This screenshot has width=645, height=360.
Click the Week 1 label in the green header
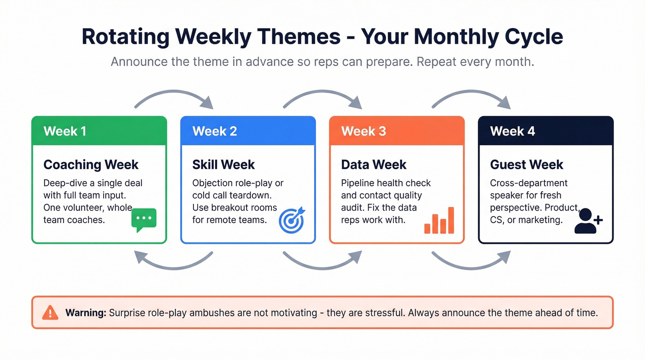pyautogui.click(x=64, y=131)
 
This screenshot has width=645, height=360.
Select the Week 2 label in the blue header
pyautogui.click(x=214, y=131)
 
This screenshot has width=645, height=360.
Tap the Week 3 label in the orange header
pyautogui.click(x=363, y=131)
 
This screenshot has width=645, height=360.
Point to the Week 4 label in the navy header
pyautogui.click(x=512, y=131)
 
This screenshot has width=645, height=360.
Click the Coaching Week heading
pyautogui.click(x=91, y=165)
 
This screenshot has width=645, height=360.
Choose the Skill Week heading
pyautogui.click(x=223, y=165)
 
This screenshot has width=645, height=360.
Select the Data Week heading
pyautogui.click(x=374, y=165)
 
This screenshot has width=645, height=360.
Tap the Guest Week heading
pyautogui.click(x=527, y=165)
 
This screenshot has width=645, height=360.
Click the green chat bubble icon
pyautogui.click(x=144, y=219)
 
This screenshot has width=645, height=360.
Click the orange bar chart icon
pyautogui.click(x=440, y=221)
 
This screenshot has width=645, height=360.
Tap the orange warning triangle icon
pyautogui.click(x=50, y=313)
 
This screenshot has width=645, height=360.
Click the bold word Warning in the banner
pyautogui.click(x=86, y=313)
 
